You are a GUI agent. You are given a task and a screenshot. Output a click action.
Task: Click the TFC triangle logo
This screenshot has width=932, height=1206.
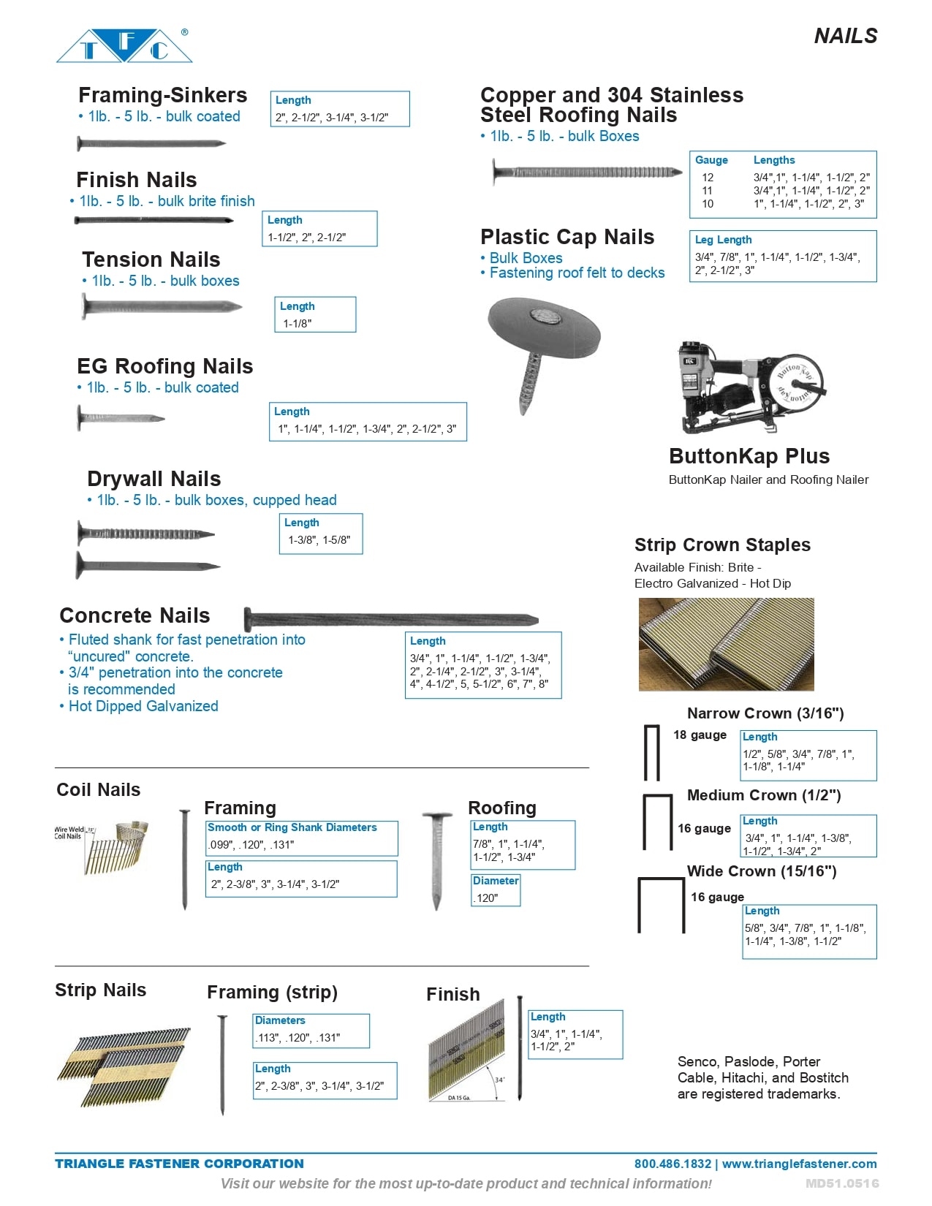click(x=124, y=46)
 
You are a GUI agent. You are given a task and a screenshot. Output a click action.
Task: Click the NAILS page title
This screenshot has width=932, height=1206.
click(x=845, y=36)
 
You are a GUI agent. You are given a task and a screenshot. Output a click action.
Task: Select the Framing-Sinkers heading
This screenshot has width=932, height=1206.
click(x=162, y=95)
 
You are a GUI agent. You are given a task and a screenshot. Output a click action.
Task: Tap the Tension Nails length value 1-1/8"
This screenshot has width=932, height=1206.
click(x=298, y=323)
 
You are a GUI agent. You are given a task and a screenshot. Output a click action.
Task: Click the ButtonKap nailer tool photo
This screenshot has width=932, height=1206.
click(x=749, y=387)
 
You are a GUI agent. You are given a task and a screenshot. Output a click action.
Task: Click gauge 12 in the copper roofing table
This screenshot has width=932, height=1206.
click(x=708, y=177)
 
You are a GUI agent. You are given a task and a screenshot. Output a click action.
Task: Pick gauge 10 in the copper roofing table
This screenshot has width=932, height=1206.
click(x=708, y=204)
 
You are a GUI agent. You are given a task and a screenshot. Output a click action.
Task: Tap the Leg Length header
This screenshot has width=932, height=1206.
click(x=723, y=240)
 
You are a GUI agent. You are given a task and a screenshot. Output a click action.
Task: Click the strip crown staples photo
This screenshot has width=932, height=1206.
click(x=726, y=644)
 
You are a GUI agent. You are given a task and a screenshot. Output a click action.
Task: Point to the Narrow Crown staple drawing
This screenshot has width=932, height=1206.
click(x=651, y=753)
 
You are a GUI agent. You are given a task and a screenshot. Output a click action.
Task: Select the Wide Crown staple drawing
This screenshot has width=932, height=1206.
click(x=662, y=906)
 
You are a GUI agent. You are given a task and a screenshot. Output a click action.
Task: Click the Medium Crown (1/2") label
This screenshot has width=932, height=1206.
click(x=764, y=795)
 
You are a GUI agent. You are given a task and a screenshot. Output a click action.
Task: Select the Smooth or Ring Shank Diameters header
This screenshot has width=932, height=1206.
click(x=292, y=827)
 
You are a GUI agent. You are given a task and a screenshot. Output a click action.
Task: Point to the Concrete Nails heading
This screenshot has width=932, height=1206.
click(x=135, y=615)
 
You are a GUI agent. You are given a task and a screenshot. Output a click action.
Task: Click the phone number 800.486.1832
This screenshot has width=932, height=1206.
click(x=673, y=1164)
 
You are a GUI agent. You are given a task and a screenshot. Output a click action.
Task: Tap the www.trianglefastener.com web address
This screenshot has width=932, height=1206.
click(x=799, y=1164)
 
